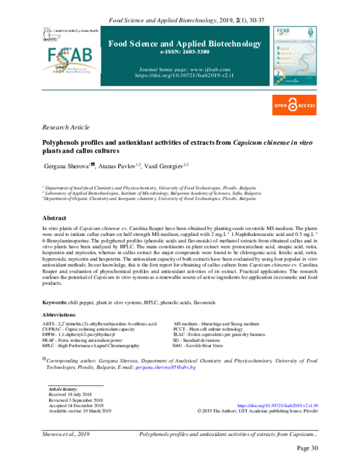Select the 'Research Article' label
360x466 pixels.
coord(65,128)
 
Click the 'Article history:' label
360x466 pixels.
coord(63,390)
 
